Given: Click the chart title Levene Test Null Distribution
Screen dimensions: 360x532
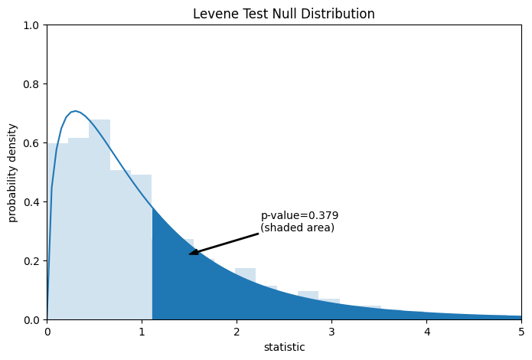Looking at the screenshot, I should [x=284, y=14].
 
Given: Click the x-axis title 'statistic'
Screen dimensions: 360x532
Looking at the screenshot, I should [x=284, y=347].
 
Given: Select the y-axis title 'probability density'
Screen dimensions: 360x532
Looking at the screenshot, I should [x=13, y=172].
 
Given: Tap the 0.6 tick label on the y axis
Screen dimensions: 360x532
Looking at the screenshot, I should [x=33, y=143].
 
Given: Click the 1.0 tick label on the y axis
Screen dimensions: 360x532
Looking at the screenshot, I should [x=33, y=25].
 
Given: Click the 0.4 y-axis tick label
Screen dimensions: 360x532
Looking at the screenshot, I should [x=33, y=202].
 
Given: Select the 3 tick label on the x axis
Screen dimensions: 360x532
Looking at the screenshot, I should [x=331, y=332].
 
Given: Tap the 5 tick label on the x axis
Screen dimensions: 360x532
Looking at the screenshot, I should [x=521, y=332].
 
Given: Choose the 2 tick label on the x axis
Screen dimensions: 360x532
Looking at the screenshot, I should [x=237, y=332].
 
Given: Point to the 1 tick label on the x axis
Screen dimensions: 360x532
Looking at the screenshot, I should [x=142, y=332].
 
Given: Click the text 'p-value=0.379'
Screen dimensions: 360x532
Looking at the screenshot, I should [x=299, y=216].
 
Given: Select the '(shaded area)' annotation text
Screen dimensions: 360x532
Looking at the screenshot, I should [x=298, y=227].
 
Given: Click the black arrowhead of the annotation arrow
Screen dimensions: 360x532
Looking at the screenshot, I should [x=192, y=253].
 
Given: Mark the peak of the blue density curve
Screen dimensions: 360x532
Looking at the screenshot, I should [x=74, y=111].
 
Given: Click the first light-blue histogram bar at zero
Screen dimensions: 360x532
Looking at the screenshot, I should [x=57, y=230].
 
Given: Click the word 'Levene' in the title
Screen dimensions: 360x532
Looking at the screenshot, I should [x=214, y=14].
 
